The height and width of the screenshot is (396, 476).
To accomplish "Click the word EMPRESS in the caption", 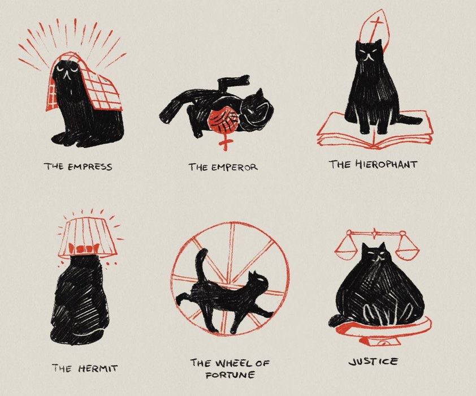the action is tap(89, 167).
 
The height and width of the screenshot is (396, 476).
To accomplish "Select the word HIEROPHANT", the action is tap(386, 164).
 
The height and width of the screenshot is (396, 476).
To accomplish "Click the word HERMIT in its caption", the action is tap(98, 368).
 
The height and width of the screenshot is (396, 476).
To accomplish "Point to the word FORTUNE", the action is tap(230, 375).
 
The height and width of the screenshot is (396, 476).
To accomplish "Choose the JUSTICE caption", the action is tap(373, 361).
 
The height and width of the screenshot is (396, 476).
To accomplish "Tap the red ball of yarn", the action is tap(223, 121).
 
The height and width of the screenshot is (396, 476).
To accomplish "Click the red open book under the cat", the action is tap(374, 131).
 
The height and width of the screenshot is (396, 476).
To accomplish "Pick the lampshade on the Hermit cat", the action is tap(88, 238).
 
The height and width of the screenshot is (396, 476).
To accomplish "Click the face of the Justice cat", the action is tap(376, 256).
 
